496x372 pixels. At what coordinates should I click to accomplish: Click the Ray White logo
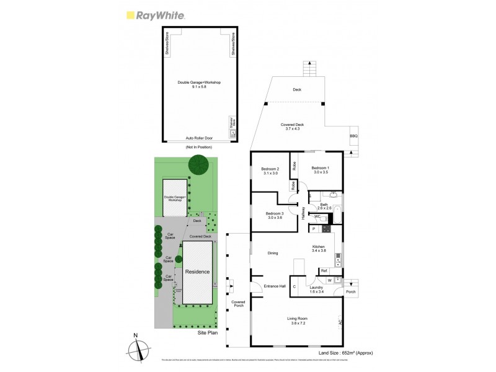[x=155, y=16]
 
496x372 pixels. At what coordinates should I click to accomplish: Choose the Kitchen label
[x=319, y=248]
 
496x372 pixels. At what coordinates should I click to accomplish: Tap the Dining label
[x=273, y=253]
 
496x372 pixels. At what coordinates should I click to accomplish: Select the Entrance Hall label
[x=273, y=285]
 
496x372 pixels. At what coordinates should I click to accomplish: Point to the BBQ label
[x=354, y=136]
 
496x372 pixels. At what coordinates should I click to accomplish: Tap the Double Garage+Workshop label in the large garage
[x=199, y=84]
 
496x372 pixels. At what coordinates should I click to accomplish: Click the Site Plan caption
[x=208, y=333]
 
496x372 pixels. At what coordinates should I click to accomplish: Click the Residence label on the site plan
[x=197, y=272]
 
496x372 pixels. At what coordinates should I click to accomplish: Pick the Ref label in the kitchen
[x=324, y=271]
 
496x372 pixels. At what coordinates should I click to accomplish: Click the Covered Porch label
[x=239, y=304]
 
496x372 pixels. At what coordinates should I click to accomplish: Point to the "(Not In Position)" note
[x=198, y=147]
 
